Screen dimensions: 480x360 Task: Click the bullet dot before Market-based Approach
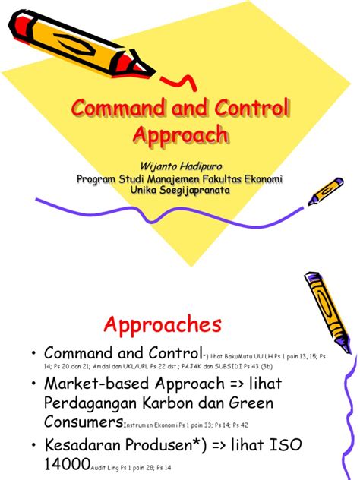point(33,384)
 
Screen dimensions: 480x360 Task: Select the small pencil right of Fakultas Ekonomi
point(324,191)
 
